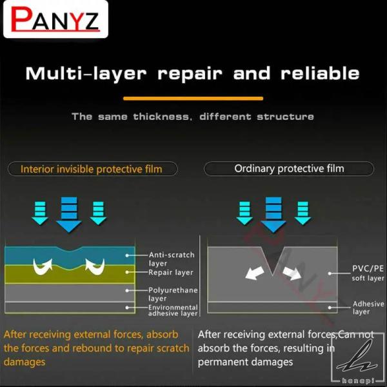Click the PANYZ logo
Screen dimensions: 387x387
tap(55, 19)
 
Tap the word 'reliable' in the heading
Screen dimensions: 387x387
tap(320, 74)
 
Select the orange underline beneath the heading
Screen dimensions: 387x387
tap(193, 99)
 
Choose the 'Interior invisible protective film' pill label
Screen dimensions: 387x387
tap(92, 169)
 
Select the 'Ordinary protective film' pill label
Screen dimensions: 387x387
tap(289, 168)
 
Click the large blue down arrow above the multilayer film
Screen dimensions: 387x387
tap(69, 215)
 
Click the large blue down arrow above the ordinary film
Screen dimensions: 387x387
tap(273, 215)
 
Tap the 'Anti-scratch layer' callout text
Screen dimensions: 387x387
tap(172, 259)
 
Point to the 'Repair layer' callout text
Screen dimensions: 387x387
tap(171, 272)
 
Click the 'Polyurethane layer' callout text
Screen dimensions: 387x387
tap(173, 294)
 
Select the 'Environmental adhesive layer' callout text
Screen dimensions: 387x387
tap(173, 310)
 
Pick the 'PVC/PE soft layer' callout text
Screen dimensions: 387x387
tap(368, 273)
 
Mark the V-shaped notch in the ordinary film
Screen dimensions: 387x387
tap(272, 261)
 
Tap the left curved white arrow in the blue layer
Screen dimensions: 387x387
tap(43, 267)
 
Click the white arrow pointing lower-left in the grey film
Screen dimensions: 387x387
tap(255, 272)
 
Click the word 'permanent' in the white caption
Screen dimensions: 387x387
tap(224, 362)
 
